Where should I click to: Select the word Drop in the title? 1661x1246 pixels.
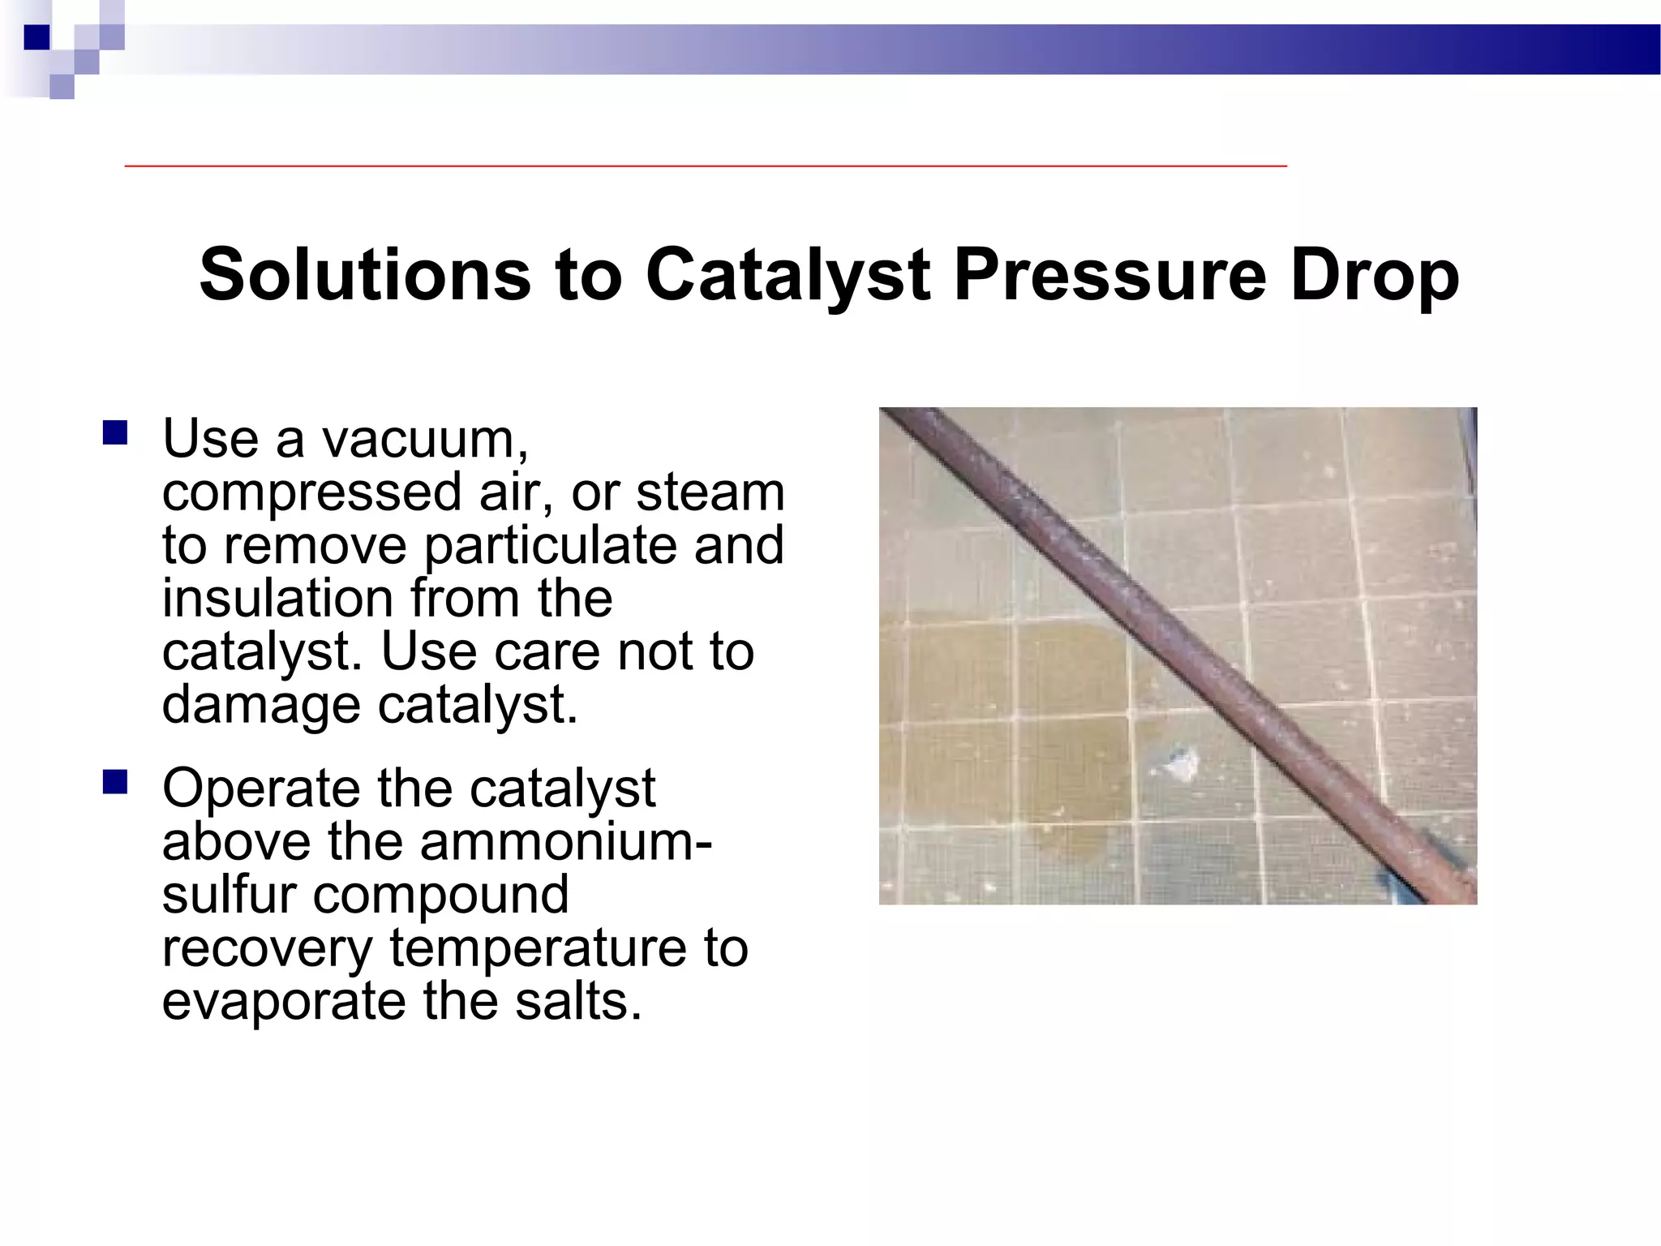[x=1375, y=276]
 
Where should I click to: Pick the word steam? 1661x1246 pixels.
[x=710, y=492]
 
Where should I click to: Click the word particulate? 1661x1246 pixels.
[x=553, y=546]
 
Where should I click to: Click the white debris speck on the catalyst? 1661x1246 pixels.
[x=1180, y=763]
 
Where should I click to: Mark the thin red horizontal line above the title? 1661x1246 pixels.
[x=706, y=165]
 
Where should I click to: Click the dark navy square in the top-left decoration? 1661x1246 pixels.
[x=36, y=37]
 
